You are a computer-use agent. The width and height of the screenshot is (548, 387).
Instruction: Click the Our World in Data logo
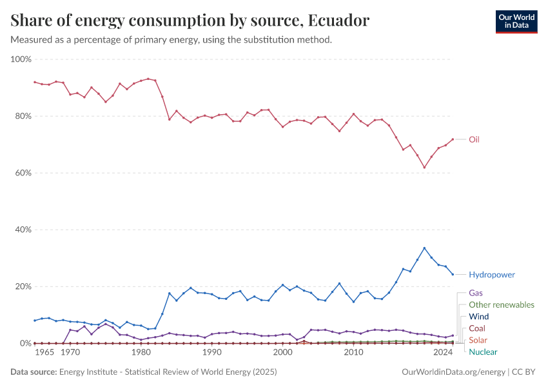click(516, 21)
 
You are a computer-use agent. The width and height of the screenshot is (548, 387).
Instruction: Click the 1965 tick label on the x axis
click(44, 353)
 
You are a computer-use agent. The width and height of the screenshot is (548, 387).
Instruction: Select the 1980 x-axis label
click(141, 353)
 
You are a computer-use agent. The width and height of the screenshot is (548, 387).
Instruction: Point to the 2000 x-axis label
click(282, 353)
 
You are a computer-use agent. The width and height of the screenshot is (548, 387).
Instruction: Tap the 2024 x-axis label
click(443, 353)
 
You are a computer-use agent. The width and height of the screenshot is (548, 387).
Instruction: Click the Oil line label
click(474, 139)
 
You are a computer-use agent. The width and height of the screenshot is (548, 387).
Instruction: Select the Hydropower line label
click(491, 275)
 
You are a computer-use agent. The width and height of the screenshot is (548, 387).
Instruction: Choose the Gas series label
click(476, 293)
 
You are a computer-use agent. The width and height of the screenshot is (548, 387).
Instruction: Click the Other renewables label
click(501, 304)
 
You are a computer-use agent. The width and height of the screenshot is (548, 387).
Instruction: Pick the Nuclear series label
click(483, 352)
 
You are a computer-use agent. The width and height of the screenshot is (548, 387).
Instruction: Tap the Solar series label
click(478, 340)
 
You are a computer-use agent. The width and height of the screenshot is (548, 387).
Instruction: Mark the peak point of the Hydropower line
click(424, 248)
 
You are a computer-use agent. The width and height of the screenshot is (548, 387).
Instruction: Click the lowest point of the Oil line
click(424, 168)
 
